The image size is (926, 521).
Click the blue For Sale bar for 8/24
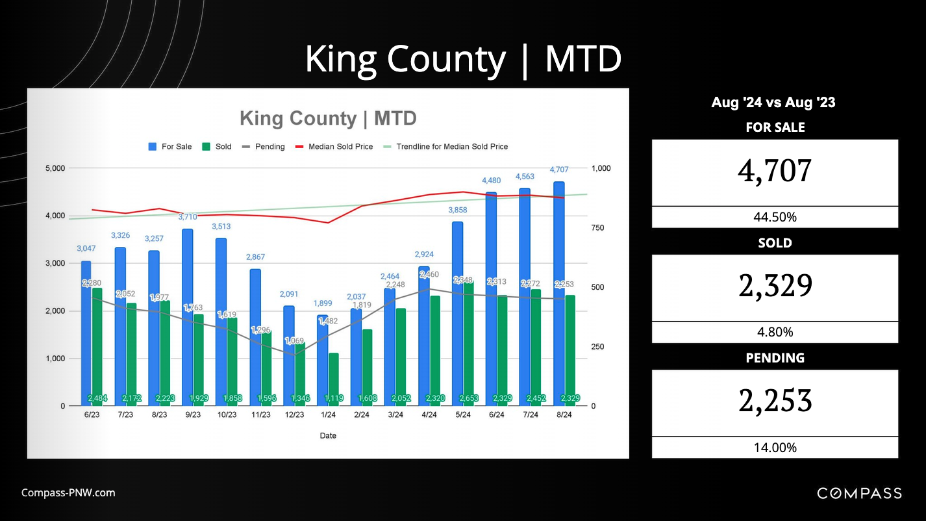point(558,292)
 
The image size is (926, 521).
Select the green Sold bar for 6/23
point(97,344)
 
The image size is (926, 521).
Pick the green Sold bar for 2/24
point(368,367)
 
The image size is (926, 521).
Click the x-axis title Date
point(328,436)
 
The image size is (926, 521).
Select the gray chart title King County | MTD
point(328,118)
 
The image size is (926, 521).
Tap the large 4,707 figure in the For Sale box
point(775,172)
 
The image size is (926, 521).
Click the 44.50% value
point(775,217)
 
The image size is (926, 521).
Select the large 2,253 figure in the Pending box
point(775,401)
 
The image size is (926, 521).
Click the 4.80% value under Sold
point(775,332)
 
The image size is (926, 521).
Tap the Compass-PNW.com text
point(68,492)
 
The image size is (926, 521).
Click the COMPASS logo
point(858,494)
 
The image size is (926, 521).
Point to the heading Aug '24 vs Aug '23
point(773,103)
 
